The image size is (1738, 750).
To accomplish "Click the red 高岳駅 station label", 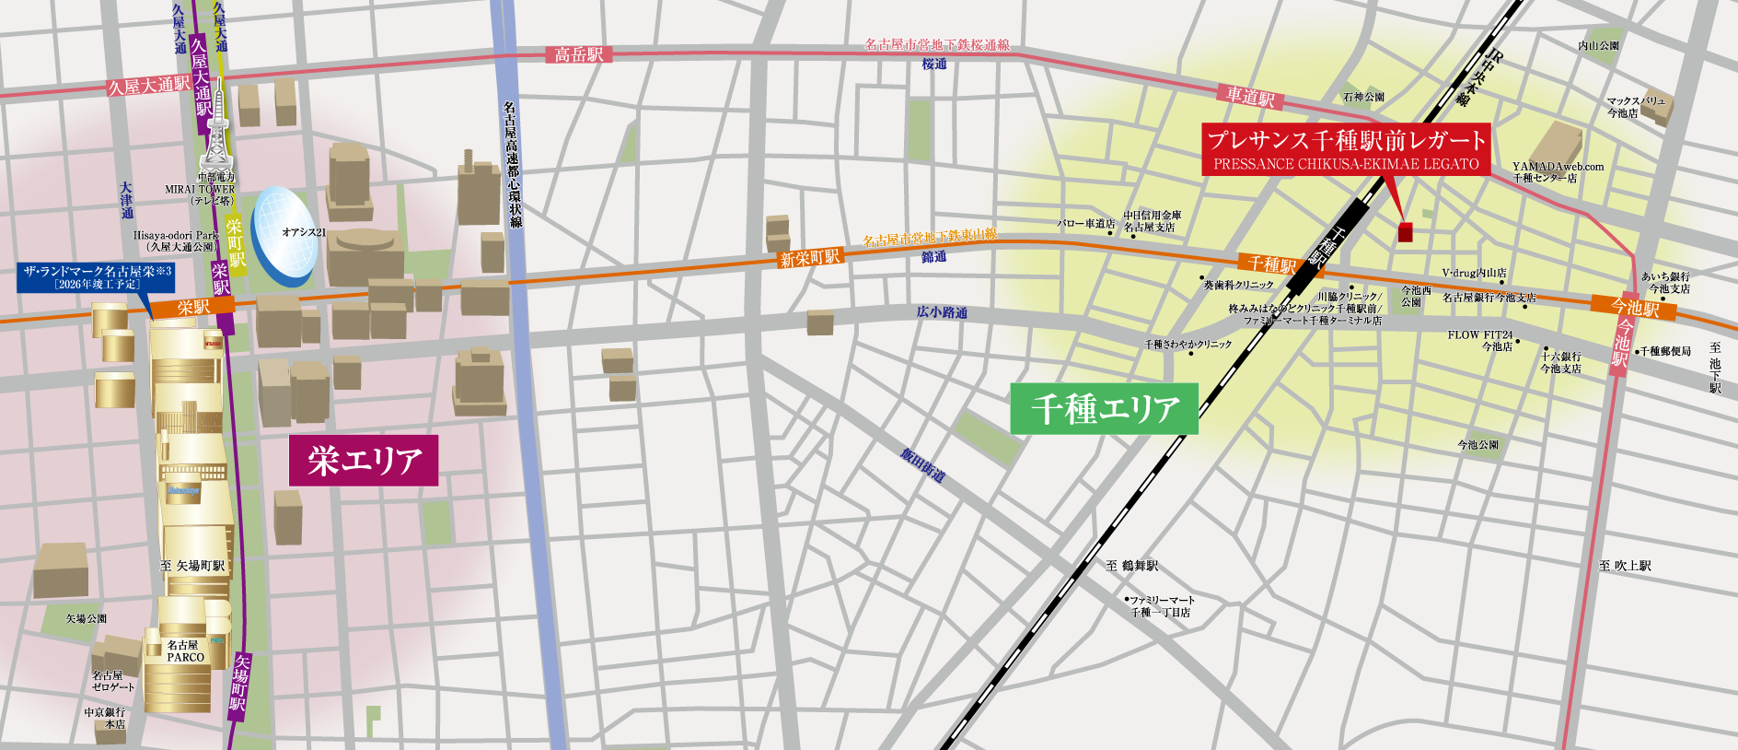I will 578,54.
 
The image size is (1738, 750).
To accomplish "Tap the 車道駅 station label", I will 1249,96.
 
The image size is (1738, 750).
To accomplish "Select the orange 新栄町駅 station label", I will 810,258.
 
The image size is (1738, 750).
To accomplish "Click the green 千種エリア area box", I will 1104,408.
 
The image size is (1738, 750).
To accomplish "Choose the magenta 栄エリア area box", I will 364,460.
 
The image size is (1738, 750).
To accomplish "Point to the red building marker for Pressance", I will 1405,231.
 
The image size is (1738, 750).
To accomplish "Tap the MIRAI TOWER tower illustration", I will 217,138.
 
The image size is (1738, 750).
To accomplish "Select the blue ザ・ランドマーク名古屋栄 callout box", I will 97,277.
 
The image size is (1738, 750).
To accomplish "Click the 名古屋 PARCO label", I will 185,651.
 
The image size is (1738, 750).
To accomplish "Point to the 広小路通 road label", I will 941,313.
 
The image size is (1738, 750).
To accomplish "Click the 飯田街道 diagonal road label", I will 922,466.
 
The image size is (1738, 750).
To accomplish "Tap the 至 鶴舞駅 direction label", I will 1131,566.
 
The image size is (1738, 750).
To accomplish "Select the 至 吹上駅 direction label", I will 1625,566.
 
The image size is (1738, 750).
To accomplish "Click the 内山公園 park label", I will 1598,45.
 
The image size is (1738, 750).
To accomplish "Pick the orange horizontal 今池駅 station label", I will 1634,308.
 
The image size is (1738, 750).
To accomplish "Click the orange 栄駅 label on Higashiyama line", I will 193,308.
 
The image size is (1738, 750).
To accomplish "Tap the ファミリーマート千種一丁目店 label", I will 1161,606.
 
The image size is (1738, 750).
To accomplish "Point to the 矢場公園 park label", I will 87,619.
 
